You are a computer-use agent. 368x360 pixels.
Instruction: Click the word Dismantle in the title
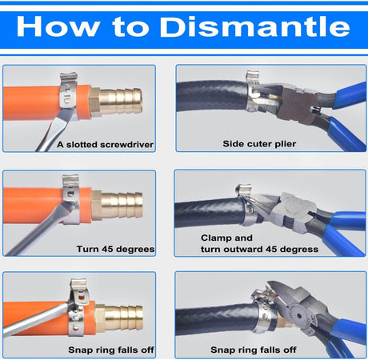(x=254, y=26)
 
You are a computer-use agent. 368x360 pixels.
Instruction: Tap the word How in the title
(x=58, y=26)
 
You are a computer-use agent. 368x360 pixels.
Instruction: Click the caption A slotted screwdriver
(x=105, y=145)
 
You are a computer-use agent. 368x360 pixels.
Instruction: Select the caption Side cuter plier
(x=259, y=144)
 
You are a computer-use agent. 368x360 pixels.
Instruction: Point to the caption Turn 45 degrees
(x=115, y=249)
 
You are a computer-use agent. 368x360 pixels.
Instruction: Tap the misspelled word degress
(x=299, y=250)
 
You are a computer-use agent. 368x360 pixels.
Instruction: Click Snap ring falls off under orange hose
(x=111, y=350)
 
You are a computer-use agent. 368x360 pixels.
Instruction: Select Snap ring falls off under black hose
(x=254, y=350)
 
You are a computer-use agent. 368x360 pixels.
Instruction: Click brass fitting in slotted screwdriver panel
(x=115, y=102)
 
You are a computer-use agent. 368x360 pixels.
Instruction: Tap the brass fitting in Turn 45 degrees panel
(x=117, y=206)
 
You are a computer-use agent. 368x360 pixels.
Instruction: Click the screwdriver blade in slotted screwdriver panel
(x=54, y=130)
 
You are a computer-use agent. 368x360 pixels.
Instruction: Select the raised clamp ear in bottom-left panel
(x=79, y=291)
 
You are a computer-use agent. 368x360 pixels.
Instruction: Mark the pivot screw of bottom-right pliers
(x=299, y=316)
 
